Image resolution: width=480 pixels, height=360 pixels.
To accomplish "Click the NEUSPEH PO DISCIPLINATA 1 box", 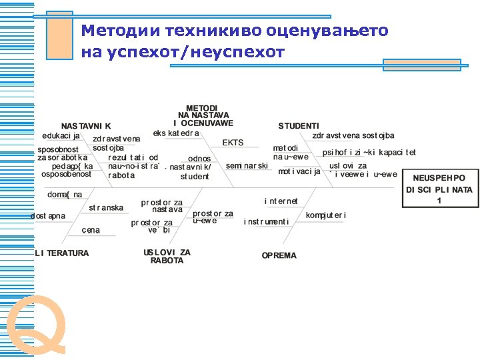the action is click(439, 189).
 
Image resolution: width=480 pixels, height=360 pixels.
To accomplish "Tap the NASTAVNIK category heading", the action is click(86, 125).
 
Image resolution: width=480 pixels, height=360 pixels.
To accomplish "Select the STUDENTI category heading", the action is click(299, 125).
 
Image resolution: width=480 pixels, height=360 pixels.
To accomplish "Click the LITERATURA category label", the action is click(62, 253).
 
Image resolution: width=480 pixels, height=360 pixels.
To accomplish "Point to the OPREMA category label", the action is click(279, 255).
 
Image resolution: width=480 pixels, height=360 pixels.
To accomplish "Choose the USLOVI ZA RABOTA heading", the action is click(167, 257).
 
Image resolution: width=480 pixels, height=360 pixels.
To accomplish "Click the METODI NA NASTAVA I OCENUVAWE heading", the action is click(201, 115).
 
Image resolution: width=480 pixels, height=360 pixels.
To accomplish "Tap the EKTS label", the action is click(233, 143).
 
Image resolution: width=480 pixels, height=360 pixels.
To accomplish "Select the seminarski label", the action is click(247, 165).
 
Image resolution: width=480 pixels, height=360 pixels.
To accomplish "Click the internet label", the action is click(281, 201).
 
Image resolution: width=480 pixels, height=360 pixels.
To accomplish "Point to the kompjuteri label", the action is click(326, 215).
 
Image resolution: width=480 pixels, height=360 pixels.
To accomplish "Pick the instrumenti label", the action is click(266, 221).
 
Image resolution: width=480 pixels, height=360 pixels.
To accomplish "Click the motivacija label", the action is click(299, 171).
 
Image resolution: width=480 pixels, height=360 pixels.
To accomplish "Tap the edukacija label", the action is click(61, 136).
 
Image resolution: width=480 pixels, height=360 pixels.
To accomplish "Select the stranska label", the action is click(106, 208).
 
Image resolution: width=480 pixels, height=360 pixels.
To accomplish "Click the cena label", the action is click(91, 230).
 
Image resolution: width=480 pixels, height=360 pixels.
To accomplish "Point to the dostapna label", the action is click(48, 216).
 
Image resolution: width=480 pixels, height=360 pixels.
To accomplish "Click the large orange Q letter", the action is click(36, 325).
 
